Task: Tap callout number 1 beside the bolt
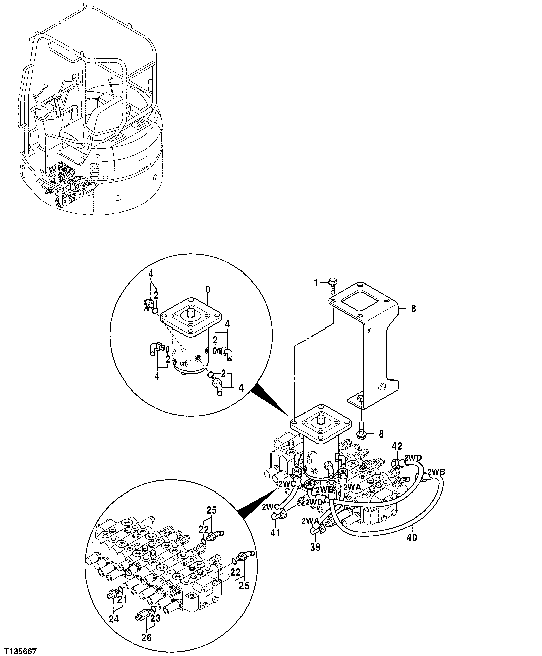(316, 284)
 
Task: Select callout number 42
(397, 446)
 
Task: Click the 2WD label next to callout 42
(414, 458)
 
